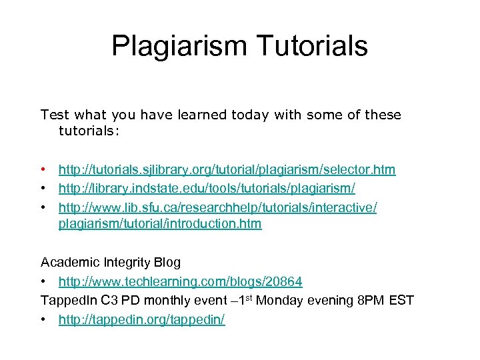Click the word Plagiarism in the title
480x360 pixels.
[x=175, y=47]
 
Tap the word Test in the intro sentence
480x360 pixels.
[x=54, y=115]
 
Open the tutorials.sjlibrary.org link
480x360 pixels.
[x=227, y=170]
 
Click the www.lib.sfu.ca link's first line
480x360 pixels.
[x=217, y=208]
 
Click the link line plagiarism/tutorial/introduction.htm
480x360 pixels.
[x=160, y=224]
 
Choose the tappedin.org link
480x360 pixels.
[x=141, y=320]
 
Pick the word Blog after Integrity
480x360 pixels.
[x=167, y=262]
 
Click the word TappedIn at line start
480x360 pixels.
[x=67, y=301]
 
